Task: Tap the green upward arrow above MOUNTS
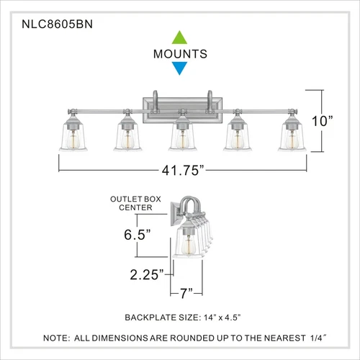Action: coord(180,37)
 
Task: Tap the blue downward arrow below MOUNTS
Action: coord(180,68)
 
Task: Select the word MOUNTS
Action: coord(180,53)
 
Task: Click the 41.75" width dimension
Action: coord(183,171)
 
